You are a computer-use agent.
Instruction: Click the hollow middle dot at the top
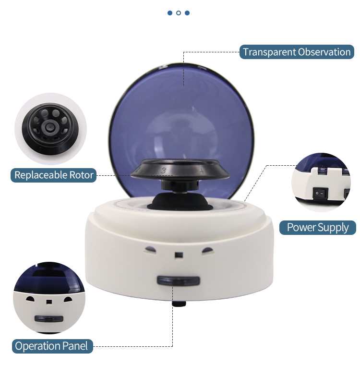pos(179,13)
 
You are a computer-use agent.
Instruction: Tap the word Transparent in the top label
pos(269,52)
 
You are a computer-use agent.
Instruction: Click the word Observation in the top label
pos(324,52)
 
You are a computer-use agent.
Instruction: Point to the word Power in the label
pos(301,227)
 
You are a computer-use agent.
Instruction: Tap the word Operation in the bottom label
pos(37,346)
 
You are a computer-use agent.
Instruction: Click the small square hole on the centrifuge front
pos(179,254)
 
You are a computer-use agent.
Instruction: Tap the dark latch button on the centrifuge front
pos(178,281)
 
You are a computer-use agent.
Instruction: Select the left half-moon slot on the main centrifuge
pos(150,250)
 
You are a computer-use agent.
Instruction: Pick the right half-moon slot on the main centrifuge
pos(207,250)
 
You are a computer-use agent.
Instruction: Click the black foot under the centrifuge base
pos(178,305)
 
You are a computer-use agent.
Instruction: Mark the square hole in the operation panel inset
pos(48,302)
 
